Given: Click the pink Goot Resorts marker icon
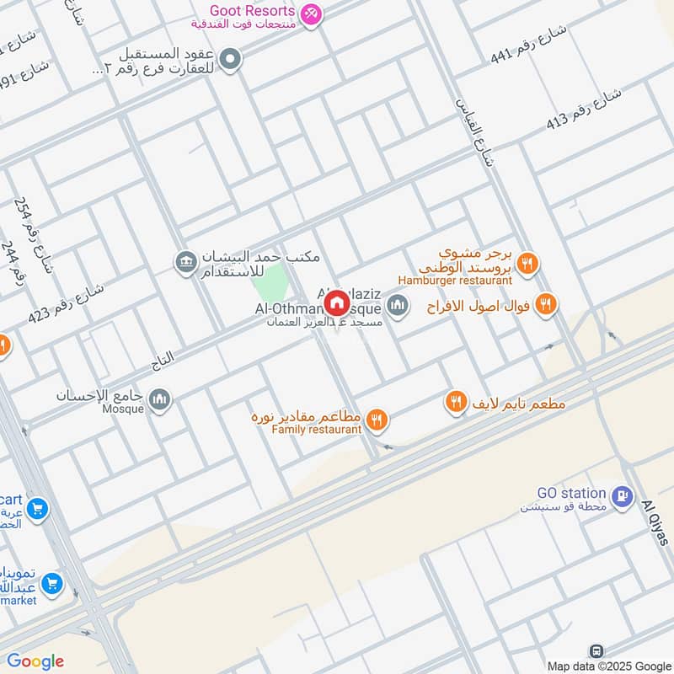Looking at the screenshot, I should (x=312, y=14).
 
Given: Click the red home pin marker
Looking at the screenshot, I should (x=336, y=302).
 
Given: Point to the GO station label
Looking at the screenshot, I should (x=572, y=493).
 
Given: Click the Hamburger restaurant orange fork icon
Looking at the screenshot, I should (x=527, y=263).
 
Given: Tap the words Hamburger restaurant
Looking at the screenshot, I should (x=456, y=280).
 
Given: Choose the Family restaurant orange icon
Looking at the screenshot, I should (x=377, y=418).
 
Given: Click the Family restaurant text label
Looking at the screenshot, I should (x=317, y=430).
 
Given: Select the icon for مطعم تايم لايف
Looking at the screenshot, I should (x=456, y=404).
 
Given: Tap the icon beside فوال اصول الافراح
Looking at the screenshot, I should (x=546, y=304).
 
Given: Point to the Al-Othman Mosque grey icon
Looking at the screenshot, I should (x=399, y=306).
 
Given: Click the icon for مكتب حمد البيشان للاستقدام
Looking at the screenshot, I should (x=186, y=262).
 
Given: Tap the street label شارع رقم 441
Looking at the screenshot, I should (x=530, y=44).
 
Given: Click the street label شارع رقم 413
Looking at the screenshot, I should (x=584, y=107).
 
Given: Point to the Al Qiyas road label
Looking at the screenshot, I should (x=655, y=522).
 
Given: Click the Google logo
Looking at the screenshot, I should (x=35, y=661).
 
